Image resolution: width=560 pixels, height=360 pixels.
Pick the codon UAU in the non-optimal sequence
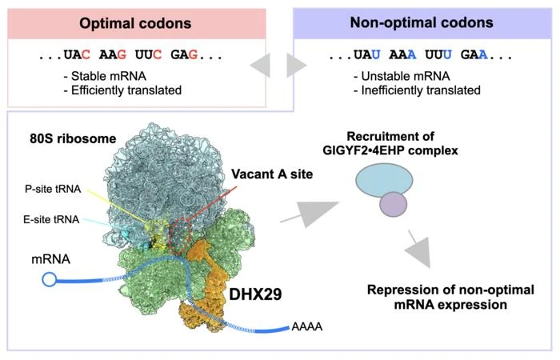click(x=363, y=58)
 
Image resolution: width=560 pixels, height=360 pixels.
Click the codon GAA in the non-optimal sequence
click(x=469, y=58)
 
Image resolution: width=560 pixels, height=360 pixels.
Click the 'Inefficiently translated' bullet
click(x=416, y=90)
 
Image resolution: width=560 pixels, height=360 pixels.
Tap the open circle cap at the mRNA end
click(x=50, y=279)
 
